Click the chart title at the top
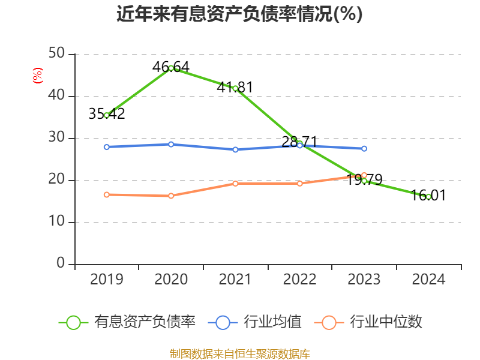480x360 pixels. pyautogui.click(x=239, y=14)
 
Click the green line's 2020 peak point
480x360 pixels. pyautogui.click(x=171, y=68)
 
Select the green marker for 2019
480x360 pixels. pyautogui.click(x=107, y=115)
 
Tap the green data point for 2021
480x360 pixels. pyautogui.click(x=235, y=88)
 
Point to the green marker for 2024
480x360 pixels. pyautogui.click(x=428, y=197)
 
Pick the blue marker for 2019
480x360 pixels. pyautogui.click(x=107, y=147)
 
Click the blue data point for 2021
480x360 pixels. pyautogui.click(x=235, y=149)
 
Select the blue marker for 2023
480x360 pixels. pyautogui.click(x=364, y=148)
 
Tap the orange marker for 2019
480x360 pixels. pyautogui.click(x=107, y=194)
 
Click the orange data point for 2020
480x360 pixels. pyautogui.click(x=171, y=196)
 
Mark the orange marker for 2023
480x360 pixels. pyautogui.click(x=364, y=175)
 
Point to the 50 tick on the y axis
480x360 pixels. pyautogui.click(x=56, y=54)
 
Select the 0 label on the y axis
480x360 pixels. pyautogui.click(x=61, y=264)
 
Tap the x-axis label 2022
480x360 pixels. pyautogui.click(x=299, y=280)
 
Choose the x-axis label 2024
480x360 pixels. pyautogui.click(x=428, y=280)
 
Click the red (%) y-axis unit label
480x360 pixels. pyautogui.click(x=37, y=76)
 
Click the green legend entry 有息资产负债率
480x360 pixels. pyautogui.click(x=127, y=322)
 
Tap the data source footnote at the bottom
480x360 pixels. pyautogui.click(x=239, y=353)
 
